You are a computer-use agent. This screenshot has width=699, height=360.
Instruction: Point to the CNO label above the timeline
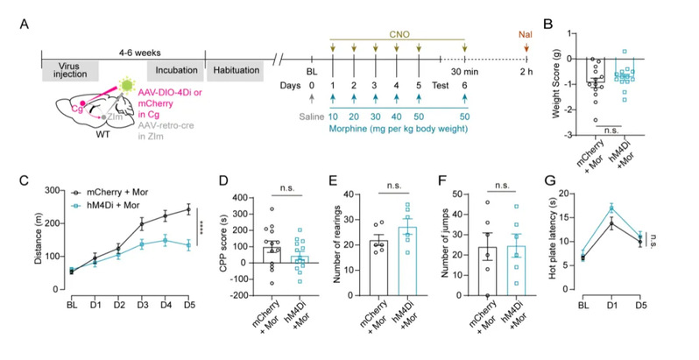399,27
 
